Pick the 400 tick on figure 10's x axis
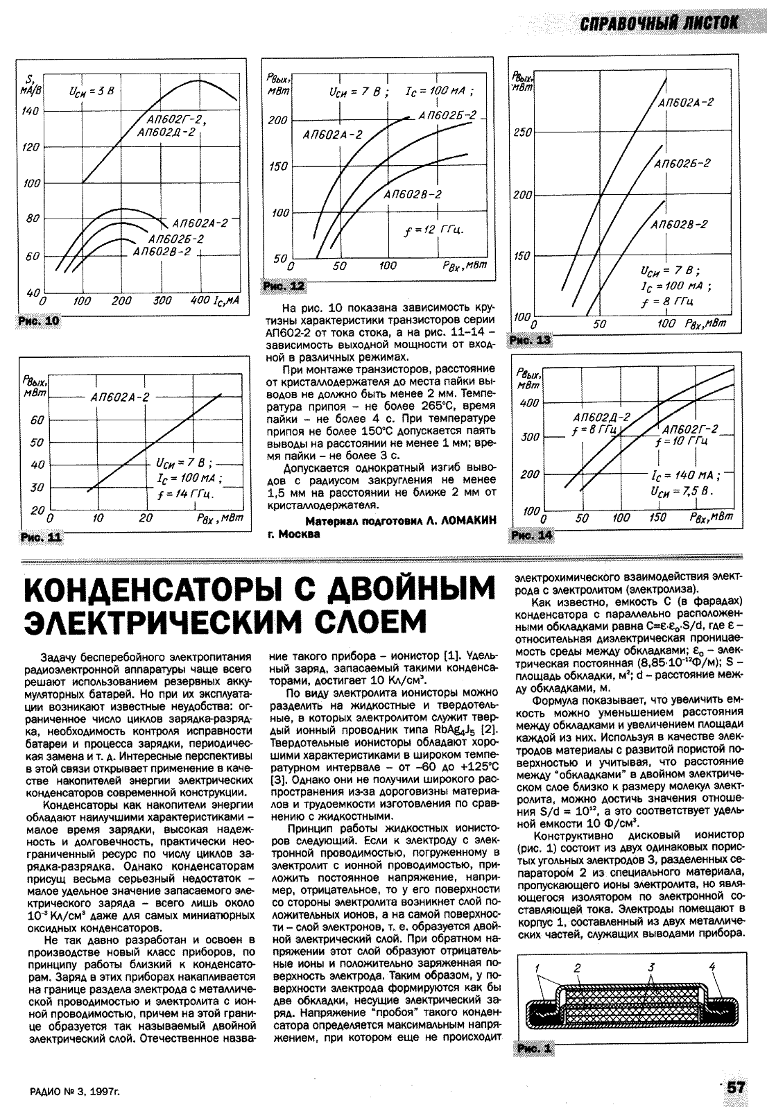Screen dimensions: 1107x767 pyautogui.click(x=201, y=301)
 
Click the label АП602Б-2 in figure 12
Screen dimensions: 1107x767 pyautogui.click(x=447, y=115)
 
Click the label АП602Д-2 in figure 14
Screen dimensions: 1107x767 pyautogui.click(x=602, y=418)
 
